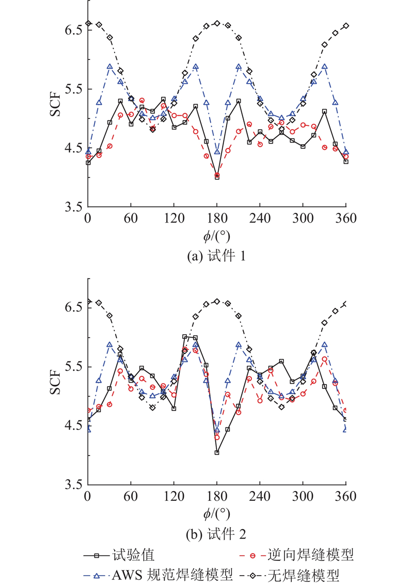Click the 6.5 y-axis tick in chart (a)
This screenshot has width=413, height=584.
(72, 30)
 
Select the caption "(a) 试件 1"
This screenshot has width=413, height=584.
(217, 256)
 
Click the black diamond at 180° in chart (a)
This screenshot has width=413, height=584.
(217, 23)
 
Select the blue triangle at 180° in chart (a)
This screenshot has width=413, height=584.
(217, 152)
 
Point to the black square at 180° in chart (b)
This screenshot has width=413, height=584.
(217, 452)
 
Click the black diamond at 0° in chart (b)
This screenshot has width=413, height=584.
(88, 302)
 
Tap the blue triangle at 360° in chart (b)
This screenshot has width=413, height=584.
(345, 429)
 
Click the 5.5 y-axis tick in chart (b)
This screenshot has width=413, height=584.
(72, 367)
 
